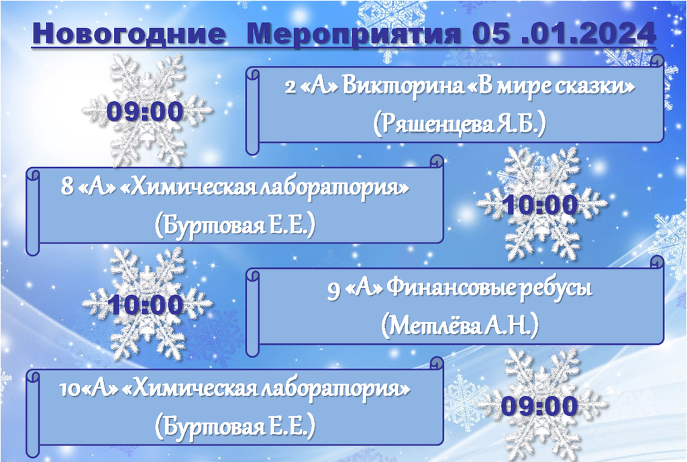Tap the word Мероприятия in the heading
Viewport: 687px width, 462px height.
pyautogui.click(x=354, y=34)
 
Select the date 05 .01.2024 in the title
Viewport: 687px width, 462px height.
pyautogui.click(x=564, y=33)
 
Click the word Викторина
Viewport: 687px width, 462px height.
pyautogui.click(x=403, y=86)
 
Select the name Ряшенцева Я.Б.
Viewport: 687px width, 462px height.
pyautogui.click(x=460, y=124)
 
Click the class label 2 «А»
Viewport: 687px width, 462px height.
pyautogui.click(x=311, y=86)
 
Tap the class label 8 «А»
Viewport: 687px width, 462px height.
pyautogui.click(x=88, y=187)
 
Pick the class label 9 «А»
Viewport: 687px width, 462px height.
pyautogui.click(x=356, y=290)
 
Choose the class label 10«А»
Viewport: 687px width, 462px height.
pyautogui.click(x=89, y=389)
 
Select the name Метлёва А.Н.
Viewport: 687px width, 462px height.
pyautogui.click(x=460, y=326)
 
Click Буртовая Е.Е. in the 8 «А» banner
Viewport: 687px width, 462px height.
pyautogui.click(x=235, y=225)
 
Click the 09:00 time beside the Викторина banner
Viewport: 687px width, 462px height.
pyautogui.click(x=145, y=111)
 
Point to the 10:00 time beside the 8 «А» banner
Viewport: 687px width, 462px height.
pyautogui.click(x=541, y=205)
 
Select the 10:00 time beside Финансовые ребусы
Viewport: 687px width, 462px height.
pyautogui.click(x=145, y=304)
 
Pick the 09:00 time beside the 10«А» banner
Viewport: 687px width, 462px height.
pyautogui.click(x=540, y=406)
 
